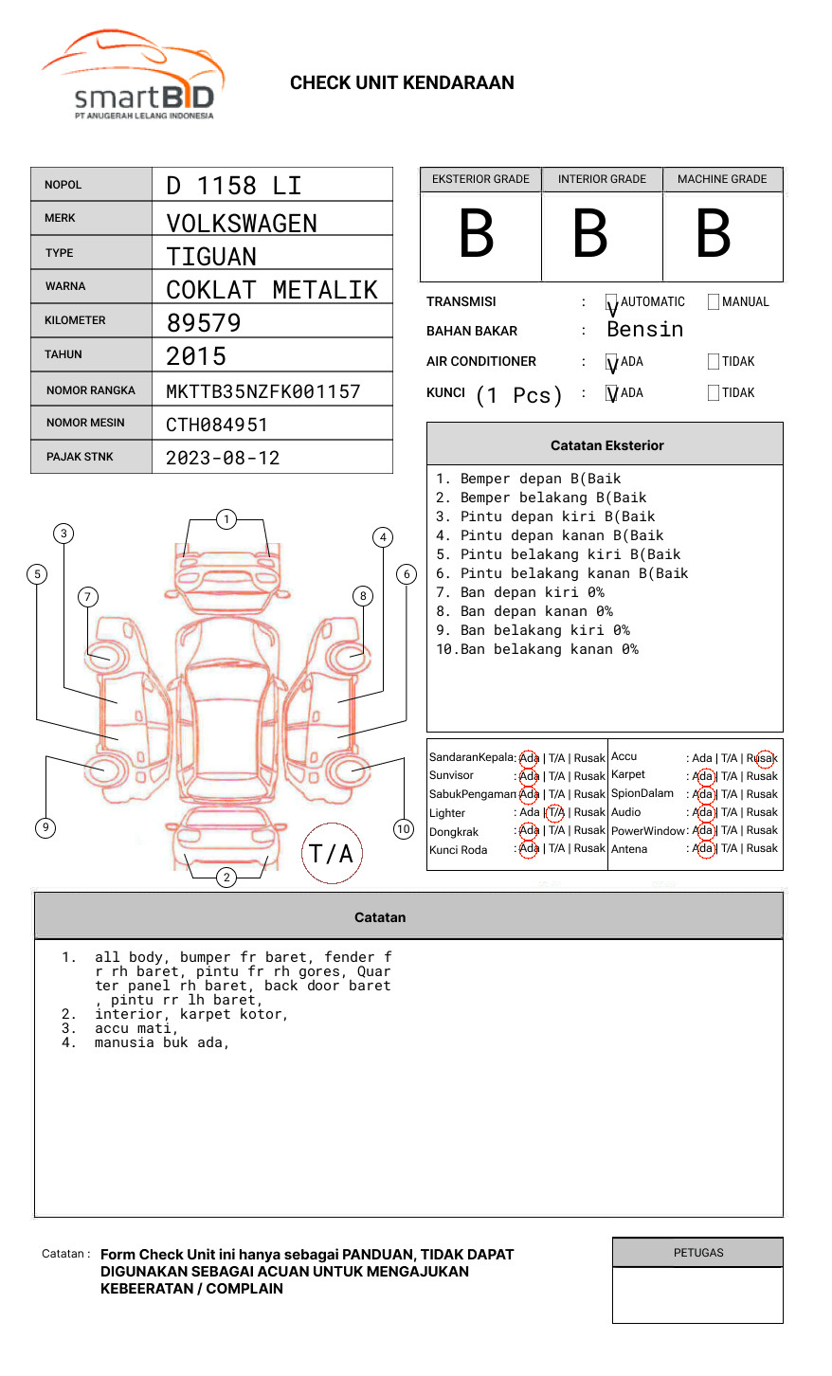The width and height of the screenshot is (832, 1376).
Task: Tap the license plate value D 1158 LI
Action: tap(234, 186)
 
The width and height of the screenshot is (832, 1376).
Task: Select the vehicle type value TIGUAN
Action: tap(211, 257)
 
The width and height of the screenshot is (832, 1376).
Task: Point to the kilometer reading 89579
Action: tap(204, 323)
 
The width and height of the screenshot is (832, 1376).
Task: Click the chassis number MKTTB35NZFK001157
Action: tap(263, 391)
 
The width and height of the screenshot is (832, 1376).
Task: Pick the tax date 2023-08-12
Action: tap(223, 458)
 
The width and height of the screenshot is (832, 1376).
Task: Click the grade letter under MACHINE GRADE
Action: tap(714, 234)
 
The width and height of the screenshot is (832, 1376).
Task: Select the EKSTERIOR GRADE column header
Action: tap(480, 179)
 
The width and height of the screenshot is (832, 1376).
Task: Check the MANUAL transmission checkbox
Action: tap(714, 302)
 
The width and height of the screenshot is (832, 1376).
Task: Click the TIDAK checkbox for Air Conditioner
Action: tap(714, 362)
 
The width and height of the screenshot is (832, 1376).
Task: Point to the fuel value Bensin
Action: tap(644, 330)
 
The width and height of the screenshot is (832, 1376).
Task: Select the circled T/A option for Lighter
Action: tap(555, 812)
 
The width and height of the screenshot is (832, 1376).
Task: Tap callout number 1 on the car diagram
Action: tap(226, 519)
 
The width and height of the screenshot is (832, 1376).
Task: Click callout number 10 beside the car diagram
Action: tap(404, 829)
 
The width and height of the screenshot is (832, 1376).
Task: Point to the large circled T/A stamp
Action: tap(332, 854)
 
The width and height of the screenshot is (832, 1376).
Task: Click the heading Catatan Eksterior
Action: tap(606, 445)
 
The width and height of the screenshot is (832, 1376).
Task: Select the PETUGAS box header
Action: tap(698, 1253)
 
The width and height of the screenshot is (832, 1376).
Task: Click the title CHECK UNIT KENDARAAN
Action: tap(402, 83)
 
